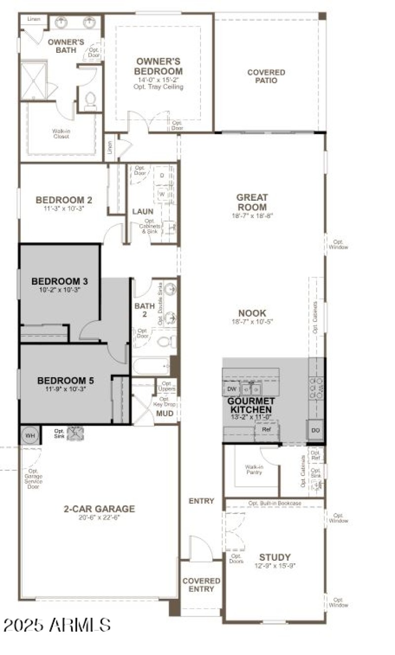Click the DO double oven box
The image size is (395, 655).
pyautogui.click(x=316, y=430)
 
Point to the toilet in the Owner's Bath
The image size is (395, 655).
pyautogui.click(x=89, y=101)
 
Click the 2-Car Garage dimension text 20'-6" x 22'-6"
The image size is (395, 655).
pyautogui.click(x=99, y=517)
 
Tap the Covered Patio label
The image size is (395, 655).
pyautogui.click(x=266, y=76)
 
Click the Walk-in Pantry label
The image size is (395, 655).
pyautogui.click(x=253, y=469)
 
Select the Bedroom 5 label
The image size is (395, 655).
pyautogui.click(x=66, y=381)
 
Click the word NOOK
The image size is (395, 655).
pyautogui.click(x=252, y=313)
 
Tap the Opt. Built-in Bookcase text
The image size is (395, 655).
pyautogui.click(x=275, y=503)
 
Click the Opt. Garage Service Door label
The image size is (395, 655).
pyautogui.click(x=34, y=478)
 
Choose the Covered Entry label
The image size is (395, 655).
pyautogui.click(x=201, y=584)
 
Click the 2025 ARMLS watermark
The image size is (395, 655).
pyautogui.click(x=57, y=625)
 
